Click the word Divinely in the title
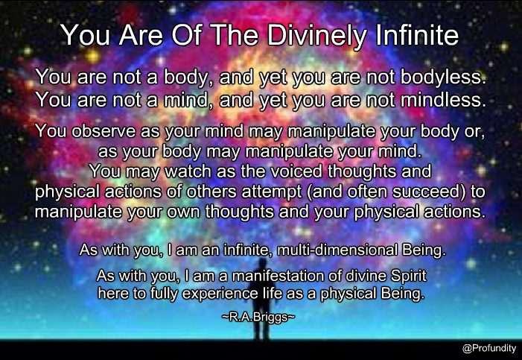tap(316, 35)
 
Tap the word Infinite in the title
tap(418, 35)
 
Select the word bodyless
tap(442, 78)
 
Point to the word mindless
tap(443, 100)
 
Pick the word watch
tap(188, 171)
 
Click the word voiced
tap(296, 171)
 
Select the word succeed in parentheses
tap(429, 192)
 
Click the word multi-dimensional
tap(337, 250)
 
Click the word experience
tap(220, 294)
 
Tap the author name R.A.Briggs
tap(258, 317)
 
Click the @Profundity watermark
tap(489, 348)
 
